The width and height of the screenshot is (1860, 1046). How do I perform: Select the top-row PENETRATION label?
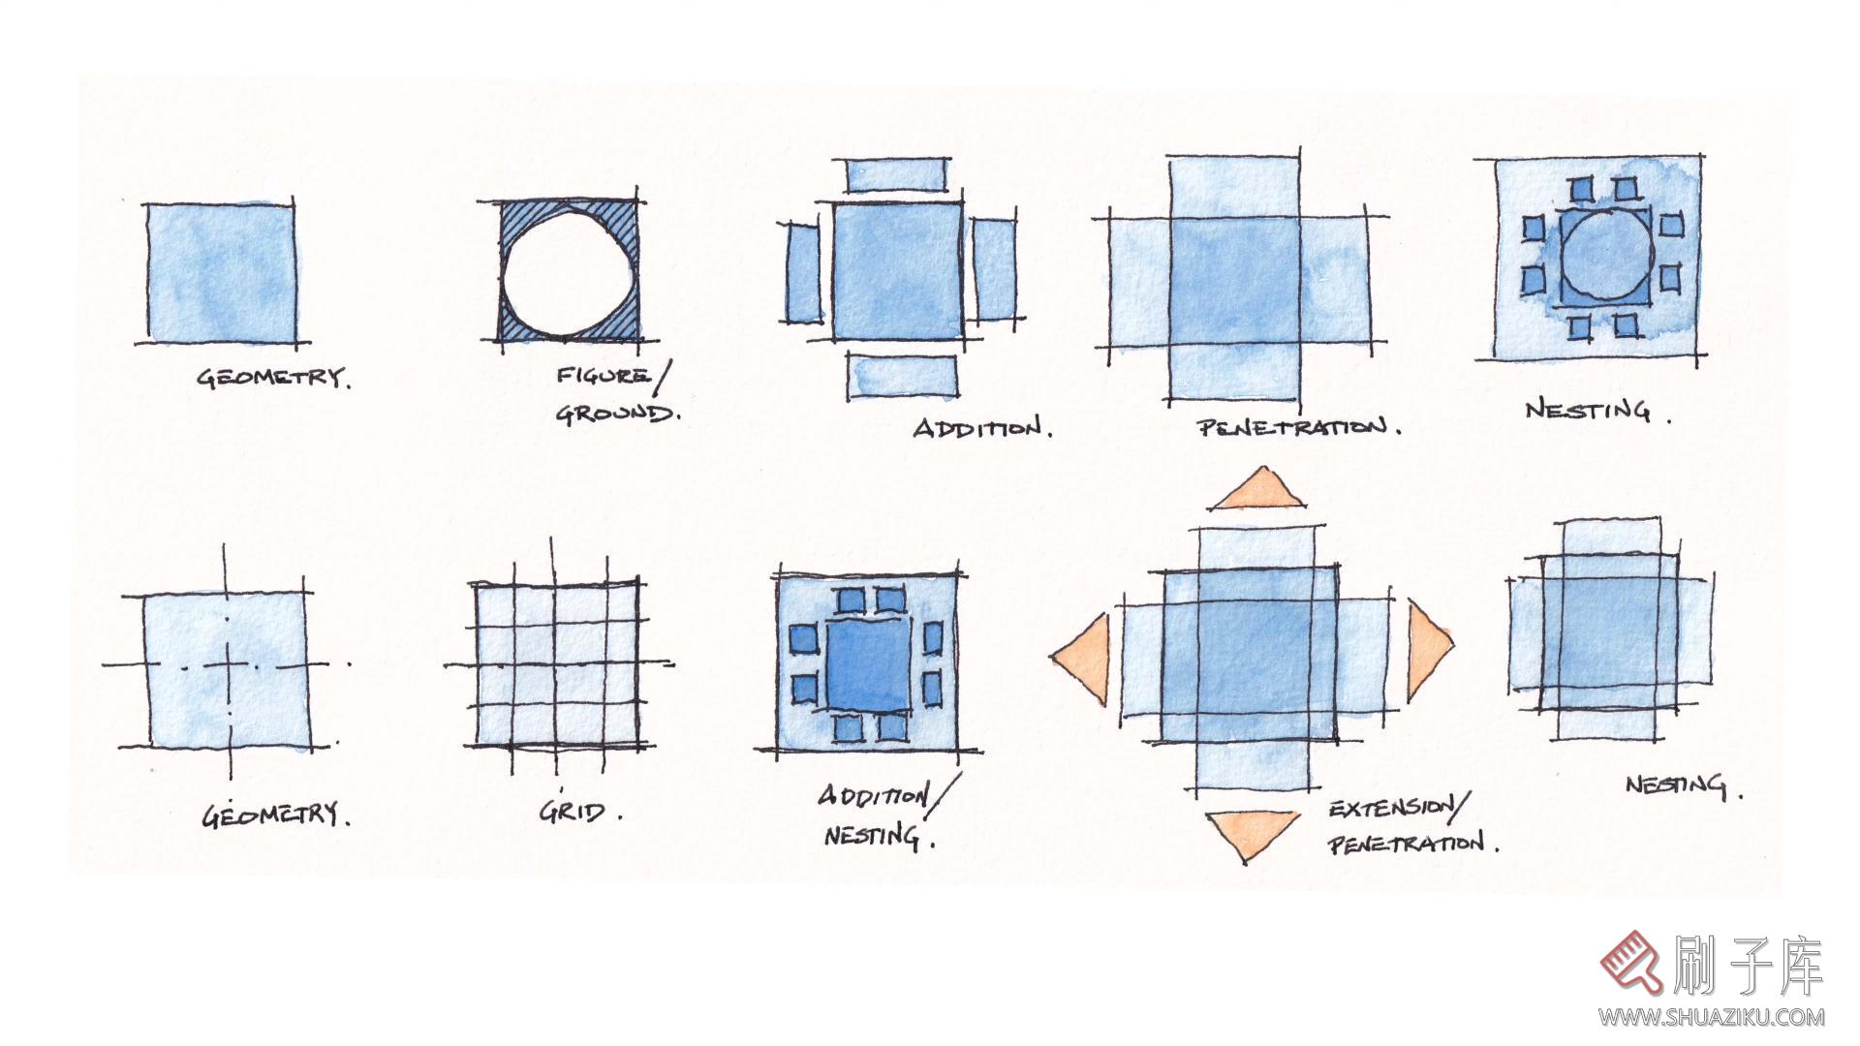(1298, 427)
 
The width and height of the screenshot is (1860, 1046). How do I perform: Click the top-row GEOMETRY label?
(274, 377)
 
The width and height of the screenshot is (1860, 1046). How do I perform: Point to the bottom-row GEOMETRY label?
(276, 815)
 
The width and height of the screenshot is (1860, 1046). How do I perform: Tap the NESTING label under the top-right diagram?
(1597, 411)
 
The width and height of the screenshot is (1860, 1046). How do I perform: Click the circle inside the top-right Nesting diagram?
(1607, 255)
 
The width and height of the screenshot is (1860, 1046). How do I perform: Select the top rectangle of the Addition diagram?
(896, 176)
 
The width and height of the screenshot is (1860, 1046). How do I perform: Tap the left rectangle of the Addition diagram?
(802, 273)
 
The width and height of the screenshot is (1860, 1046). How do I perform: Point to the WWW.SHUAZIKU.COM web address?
(1712, 1017)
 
